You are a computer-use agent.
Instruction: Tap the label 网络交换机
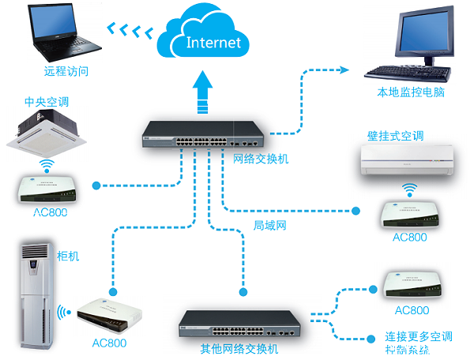click(x=261, y=159)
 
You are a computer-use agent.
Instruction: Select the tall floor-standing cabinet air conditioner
click(x=36, y=297)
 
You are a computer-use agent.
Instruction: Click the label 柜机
click(x=69, y=257)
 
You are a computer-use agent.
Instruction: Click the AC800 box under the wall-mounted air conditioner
click(x=408, y=213)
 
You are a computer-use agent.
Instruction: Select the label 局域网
click(x=269, y=225)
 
